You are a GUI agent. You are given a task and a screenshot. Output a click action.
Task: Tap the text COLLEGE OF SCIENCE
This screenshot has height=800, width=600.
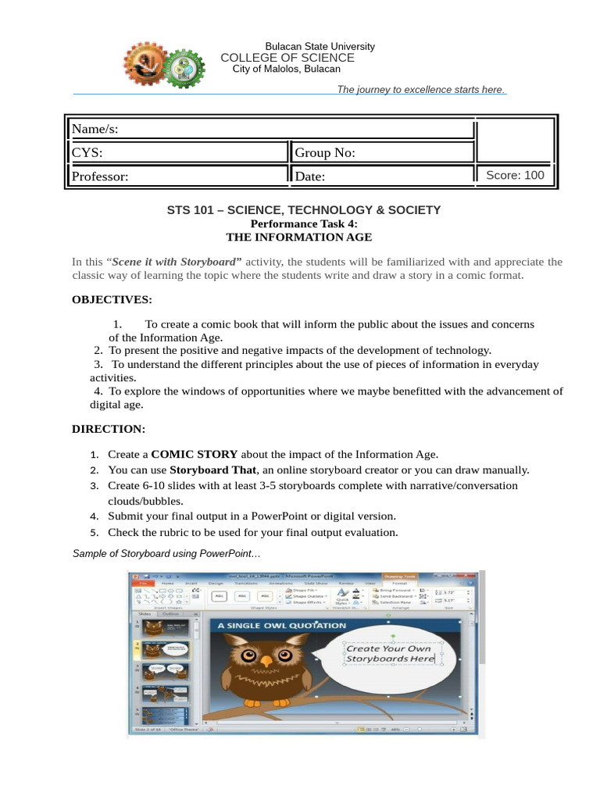287,58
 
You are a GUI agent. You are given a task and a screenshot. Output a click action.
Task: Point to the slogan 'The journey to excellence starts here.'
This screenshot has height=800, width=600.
420,90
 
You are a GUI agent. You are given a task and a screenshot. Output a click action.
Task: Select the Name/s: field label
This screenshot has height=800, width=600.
95,129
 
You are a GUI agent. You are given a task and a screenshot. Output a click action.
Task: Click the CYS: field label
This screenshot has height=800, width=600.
87,152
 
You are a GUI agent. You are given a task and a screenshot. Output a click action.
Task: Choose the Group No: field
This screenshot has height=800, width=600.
325,152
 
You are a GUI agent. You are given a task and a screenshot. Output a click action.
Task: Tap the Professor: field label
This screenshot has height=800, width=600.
100,177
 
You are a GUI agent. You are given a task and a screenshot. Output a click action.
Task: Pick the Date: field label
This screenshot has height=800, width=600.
310,177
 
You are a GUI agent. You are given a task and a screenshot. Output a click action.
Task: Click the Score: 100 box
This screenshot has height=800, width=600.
515,175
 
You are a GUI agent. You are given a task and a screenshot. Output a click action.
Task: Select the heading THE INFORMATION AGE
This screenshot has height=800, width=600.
299,237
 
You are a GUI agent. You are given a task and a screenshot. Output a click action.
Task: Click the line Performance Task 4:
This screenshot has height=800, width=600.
298,223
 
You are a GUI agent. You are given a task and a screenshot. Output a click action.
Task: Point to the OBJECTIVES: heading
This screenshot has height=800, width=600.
112,299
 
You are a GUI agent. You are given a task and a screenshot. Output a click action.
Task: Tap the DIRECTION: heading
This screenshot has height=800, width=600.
109,429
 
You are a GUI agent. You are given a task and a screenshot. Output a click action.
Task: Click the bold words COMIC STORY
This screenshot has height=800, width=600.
195,454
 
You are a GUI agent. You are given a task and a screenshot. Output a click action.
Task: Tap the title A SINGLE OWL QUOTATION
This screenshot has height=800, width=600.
281,626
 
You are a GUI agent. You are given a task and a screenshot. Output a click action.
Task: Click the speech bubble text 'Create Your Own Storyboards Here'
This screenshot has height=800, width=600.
390,654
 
